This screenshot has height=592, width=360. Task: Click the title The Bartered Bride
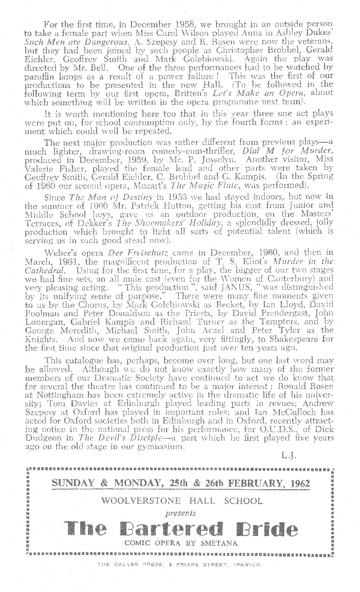pos(181,529)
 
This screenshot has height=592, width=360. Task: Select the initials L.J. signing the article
pos(288,456)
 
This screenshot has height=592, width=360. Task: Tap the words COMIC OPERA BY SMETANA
pos(180,543)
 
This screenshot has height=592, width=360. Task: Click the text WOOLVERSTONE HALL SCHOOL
pos(182,501)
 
